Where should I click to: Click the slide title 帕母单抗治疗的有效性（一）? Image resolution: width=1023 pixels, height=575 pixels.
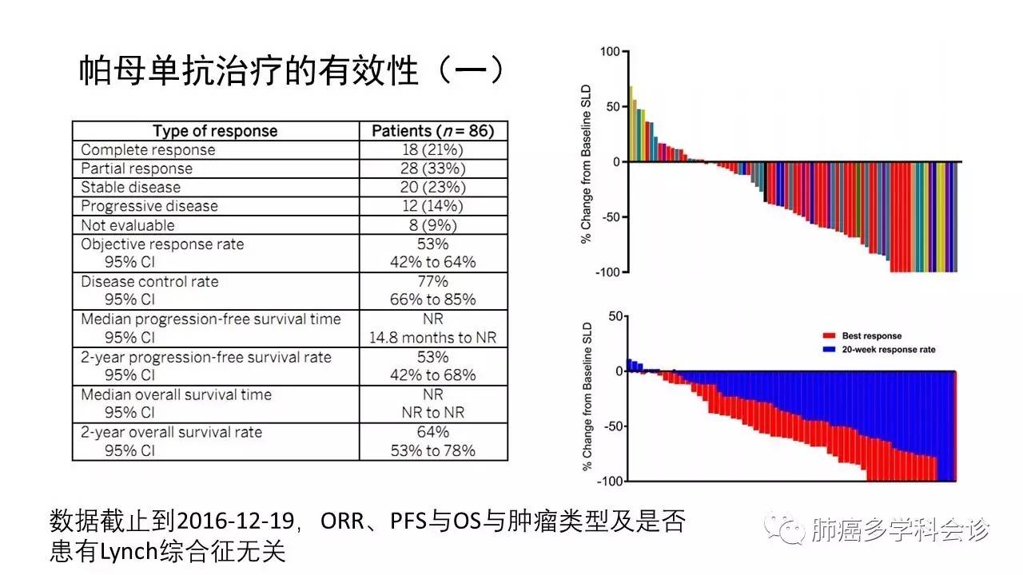pyautogui.click(x=293, y=72)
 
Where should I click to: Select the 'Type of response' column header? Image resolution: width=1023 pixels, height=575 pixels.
pyautogui.click(x=215, y=131)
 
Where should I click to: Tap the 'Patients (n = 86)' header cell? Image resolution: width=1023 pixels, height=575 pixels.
pyautogui.click(x=433, y=131)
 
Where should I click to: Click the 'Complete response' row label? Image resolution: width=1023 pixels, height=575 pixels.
pyautogui.click(x=148, y=150)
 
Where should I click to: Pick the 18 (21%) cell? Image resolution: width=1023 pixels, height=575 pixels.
pyautogui.click(x=433, y=150)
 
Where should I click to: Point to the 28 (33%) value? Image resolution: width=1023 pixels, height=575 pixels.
pyautogui.click(x=433, y=169)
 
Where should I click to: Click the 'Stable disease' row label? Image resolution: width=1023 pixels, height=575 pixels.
pyautogui.click(x=130, y=188)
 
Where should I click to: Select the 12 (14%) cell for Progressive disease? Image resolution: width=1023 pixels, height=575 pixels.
pyautogui.click(x=433, y=206)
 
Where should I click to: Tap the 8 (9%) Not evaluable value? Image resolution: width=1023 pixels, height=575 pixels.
pyautogui.click(x=433, y=225)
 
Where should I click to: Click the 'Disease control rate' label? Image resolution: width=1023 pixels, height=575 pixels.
pyautogui.click(x=149, y=282)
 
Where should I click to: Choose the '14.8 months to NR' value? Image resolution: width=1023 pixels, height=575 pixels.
pyautogui.click(x=433, y=338)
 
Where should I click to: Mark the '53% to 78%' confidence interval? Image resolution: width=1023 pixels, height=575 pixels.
pyautogui.click(x=433, y=450)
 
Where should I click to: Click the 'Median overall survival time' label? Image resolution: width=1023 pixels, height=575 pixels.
pyautogui.click(x=176, y=395)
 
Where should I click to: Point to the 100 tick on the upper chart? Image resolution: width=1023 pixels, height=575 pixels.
pyautogui.click(x=610, y=52)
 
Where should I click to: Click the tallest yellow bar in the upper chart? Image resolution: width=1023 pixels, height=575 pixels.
pyautogui.click(x=631, y=124)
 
